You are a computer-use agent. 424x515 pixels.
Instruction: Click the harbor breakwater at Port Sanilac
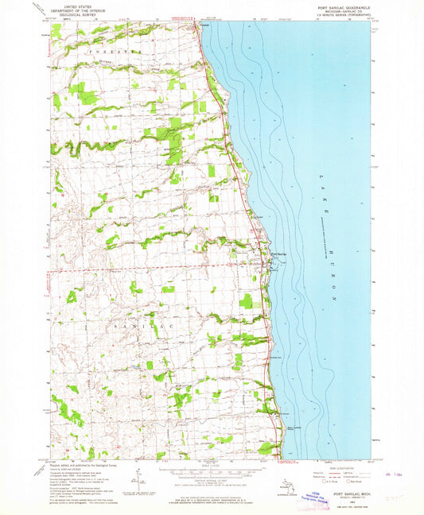[x=274, y=261]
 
